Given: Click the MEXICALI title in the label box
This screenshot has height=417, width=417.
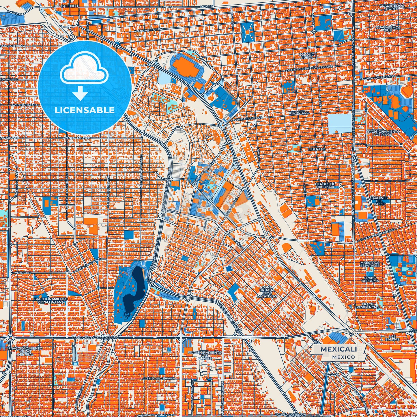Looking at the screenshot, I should (x=339, y=349).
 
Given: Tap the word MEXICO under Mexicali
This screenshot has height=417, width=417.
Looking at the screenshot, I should (x=343, y=357).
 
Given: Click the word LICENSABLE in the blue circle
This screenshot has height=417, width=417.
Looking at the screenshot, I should (x=85, y=110).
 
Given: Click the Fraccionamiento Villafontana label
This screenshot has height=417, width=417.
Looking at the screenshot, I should (x=51, y=300).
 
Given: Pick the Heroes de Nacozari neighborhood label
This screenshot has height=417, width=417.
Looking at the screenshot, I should (x=325, y=185).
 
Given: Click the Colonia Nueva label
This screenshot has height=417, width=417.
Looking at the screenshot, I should (x=307, y=56).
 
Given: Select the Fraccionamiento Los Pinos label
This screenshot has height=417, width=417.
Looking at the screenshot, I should (x=383, y=133).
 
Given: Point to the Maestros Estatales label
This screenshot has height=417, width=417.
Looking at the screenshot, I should (x=370, y=264).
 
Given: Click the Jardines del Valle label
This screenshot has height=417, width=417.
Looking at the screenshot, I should (x=379, y=201).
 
